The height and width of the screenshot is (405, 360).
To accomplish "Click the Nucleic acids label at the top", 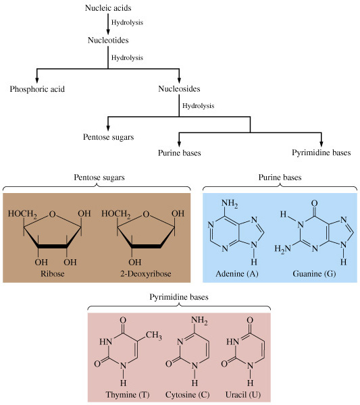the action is coord(108,7).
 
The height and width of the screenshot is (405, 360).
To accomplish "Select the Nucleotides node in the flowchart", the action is coord(108,40).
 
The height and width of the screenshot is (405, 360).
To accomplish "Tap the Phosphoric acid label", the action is coord(37,89).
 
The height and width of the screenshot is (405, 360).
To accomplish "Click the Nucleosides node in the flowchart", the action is coord(179,89).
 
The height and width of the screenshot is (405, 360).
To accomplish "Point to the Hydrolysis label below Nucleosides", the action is coord(198,106).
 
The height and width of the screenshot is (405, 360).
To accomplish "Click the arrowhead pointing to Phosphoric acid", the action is coord(37,80).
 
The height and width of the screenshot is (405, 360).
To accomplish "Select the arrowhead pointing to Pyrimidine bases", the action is coord(322,144).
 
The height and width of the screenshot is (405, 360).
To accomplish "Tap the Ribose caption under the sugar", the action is coord(53,273).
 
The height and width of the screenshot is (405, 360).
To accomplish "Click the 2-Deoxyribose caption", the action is coord(146,273).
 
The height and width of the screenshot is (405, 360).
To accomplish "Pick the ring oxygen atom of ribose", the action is coord(53,214).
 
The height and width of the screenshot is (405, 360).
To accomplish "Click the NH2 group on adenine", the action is coord(230,203).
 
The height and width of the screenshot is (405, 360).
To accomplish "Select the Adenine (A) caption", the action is coord(237,273).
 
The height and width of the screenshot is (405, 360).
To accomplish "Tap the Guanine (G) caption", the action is coord(314,273).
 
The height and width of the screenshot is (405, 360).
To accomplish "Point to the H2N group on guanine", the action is coord(282,248).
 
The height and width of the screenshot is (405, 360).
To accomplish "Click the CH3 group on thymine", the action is coord(154,335).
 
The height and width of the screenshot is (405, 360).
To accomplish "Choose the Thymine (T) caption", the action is coord(128,395).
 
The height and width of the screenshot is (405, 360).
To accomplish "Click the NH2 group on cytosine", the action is coord(199,321).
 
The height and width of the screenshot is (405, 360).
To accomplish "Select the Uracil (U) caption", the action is coord(243,395).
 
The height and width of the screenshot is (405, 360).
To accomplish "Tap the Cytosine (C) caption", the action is coord(188,395).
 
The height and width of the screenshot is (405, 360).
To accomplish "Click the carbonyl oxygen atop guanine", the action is coord(314,203).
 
